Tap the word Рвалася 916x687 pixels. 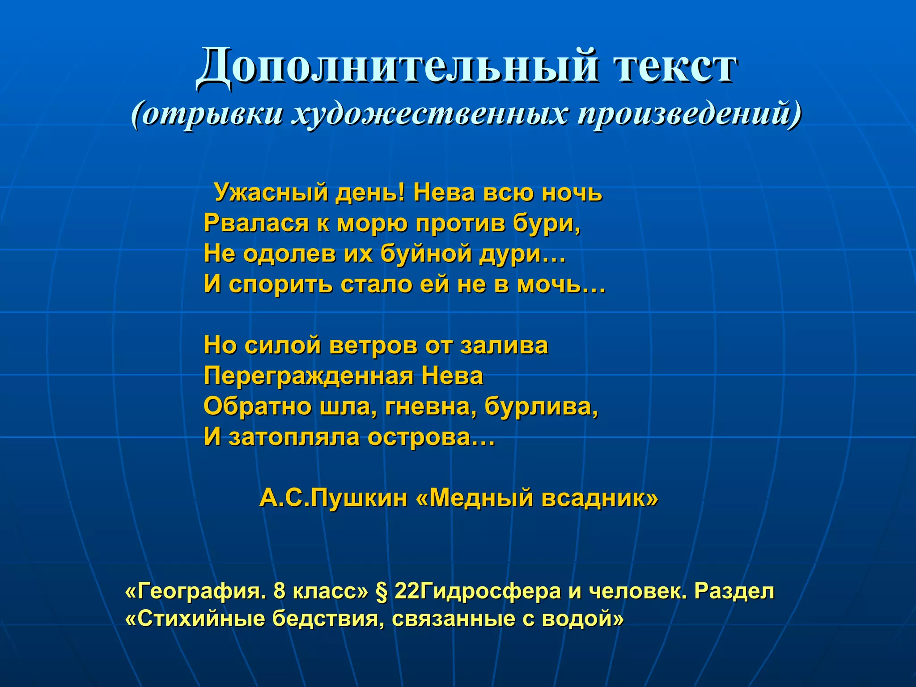pyautogui.click(x=256, y=223)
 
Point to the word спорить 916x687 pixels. pyautogui.click(x=280, y=284)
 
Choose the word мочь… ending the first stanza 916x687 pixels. pyautogui.click(x=561, y=284)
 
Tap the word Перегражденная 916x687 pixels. pyautogui.click(x=309, y=376)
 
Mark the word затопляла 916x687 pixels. pyautogui.click(x=294, y=437)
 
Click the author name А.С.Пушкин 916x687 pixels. pyautogui.click(x=334, y=498)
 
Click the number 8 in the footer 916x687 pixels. pyautogui.click(x=279, y=592)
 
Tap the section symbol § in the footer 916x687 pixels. pyautogui.click(x=381, y=592)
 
